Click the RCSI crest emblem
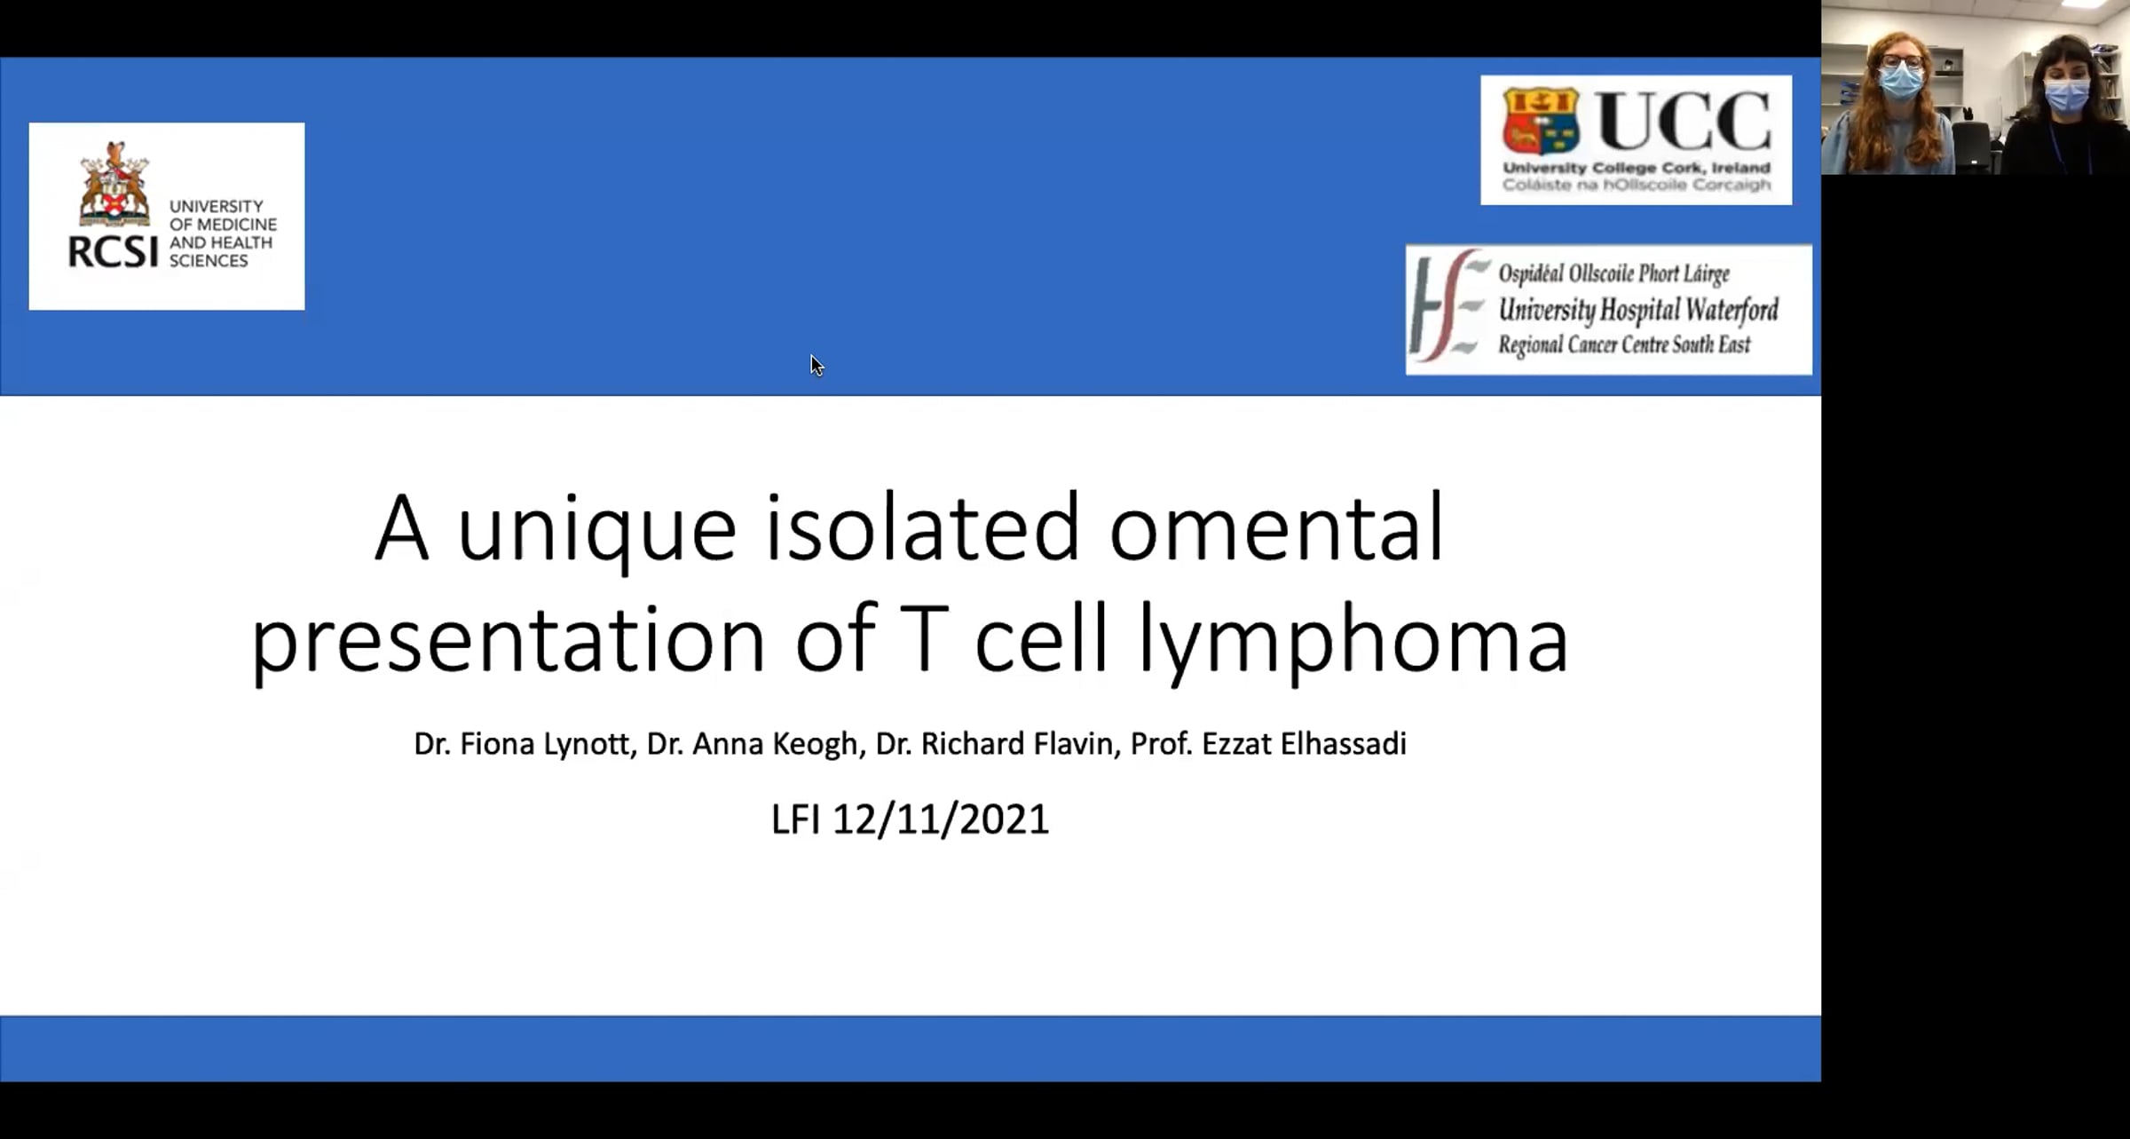tap(114, 184)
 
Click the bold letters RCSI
tap(113, 252)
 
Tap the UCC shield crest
tap(1540, 122)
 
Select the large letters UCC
tap(1683, 122)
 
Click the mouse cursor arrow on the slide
tap(816, 365)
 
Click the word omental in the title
tap(1276, 529)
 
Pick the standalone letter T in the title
tap(924, 637)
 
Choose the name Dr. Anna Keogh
tap(755, 744)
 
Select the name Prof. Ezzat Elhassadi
tap(1268, 744)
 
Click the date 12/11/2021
tap(941, 819)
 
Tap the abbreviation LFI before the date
tap(795, 819)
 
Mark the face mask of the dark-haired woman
tap(2067, 95)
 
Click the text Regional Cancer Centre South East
tap(1624, 344)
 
